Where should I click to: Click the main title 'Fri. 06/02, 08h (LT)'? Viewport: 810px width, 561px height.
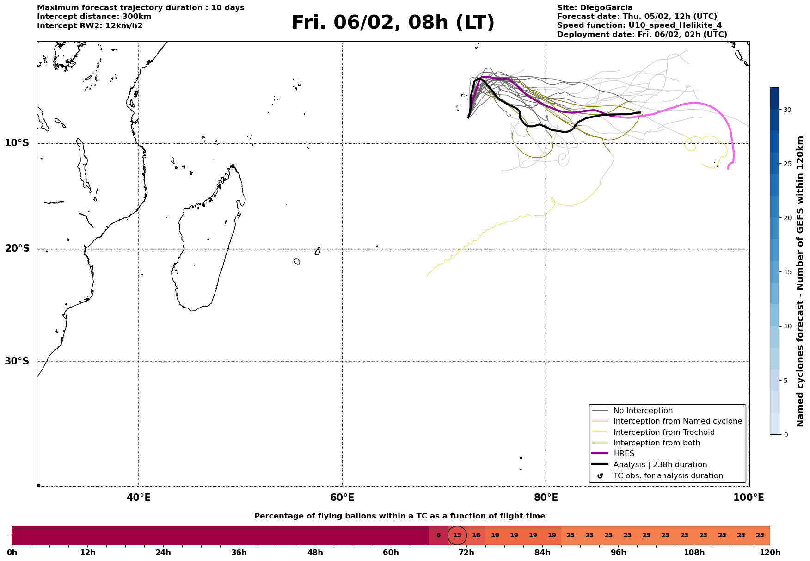pos(393,23)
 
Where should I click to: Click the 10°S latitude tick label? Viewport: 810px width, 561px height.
pos(17,143)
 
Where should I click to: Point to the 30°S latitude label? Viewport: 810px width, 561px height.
pos(17,361)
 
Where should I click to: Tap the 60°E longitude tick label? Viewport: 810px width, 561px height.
pos(342,498)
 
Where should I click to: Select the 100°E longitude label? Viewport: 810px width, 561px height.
pos(749,498)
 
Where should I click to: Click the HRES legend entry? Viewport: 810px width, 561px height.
pos(624,454)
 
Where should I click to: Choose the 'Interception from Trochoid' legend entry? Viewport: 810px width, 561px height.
pos(663,432)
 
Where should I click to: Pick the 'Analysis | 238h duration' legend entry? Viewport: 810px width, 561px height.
pos(660,465)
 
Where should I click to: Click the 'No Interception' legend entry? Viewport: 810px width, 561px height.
pos(643,411)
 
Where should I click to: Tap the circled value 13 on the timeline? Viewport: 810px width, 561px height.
pos(457,536)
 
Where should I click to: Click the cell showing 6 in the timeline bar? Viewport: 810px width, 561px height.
pos(438,536)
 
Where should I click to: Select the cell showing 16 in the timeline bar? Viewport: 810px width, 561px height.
pos(476,536)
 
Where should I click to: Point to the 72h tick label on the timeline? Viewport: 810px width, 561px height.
pos(466,553)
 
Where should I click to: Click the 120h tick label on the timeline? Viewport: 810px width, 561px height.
pos(770,553)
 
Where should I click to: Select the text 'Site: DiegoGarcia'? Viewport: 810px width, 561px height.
pos(595,8)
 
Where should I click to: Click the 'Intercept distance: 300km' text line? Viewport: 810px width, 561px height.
pos(94,17)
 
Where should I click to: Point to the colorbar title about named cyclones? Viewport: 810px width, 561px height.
pos(800,281)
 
